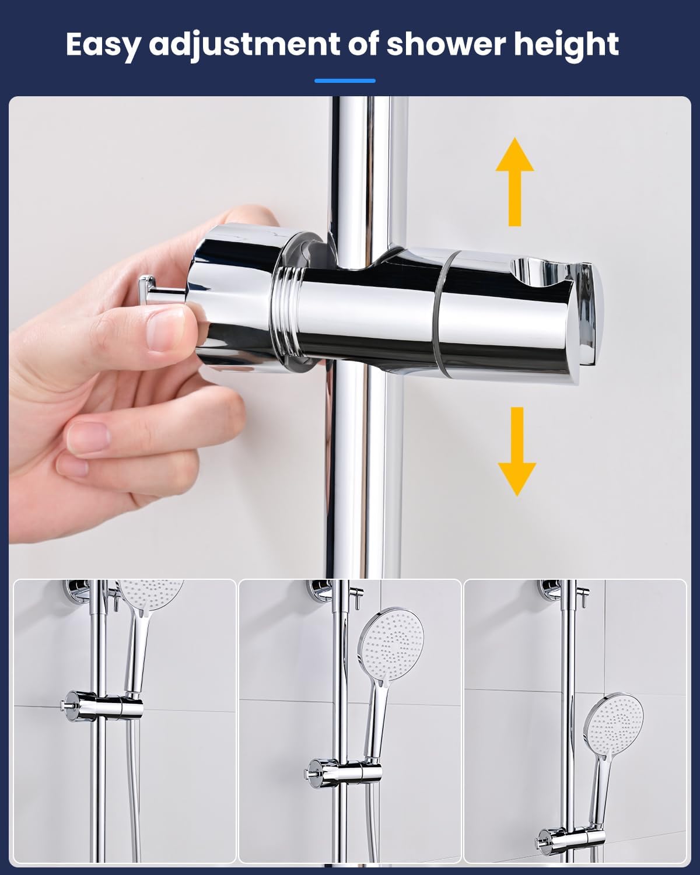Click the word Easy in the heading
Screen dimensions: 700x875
102,45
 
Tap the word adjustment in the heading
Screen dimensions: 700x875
244,45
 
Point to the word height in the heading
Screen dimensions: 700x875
566,45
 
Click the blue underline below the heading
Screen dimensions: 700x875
345,81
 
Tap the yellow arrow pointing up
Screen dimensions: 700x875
515,182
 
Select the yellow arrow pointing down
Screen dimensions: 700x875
517,452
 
